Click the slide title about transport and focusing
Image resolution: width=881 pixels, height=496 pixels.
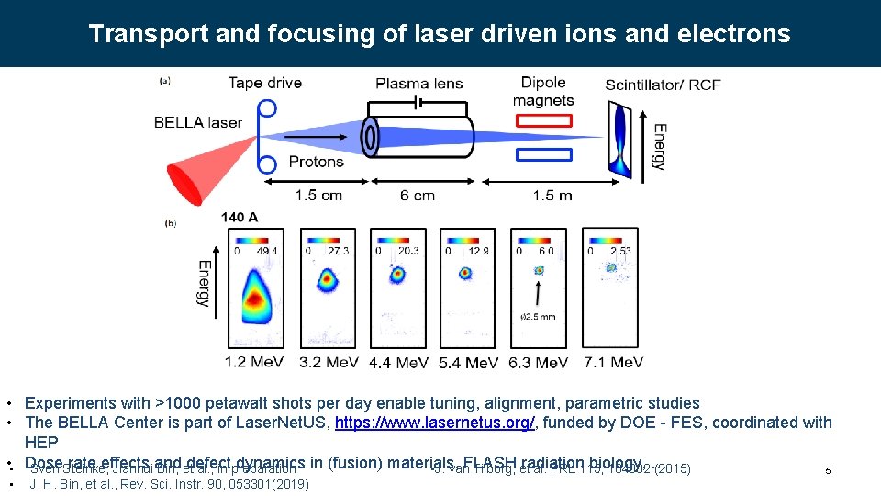coord(440,34)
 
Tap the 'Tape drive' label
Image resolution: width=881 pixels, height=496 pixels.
coord(265,84)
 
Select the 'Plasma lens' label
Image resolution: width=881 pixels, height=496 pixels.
coord(419,84)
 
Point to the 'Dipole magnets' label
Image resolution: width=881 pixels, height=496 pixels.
coord(544,92)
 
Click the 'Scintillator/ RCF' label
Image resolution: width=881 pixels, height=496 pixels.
coord(663,85)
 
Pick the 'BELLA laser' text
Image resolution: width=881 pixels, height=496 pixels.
coord(197,122)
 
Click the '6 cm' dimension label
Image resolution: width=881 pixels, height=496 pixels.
coord(418,195)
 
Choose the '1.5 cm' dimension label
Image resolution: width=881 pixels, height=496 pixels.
coord(318,195)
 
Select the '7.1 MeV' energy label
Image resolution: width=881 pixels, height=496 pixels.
coord(613,362)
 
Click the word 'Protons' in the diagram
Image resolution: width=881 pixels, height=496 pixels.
coord(316,162)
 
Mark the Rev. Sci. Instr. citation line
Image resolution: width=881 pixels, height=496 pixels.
coord(169,484)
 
